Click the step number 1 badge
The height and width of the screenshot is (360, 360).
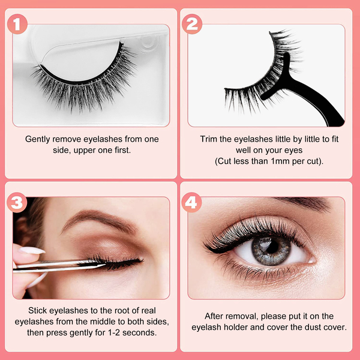point(17,24)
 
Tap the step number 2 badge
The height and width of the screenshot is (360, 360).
point(192,24)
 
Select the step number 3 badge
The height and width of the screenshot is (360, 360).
point(17,203)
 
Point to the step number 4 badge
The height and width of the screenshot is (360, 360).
point(191,203)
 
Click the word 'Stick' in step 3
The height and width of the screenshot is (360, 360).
point(38,310)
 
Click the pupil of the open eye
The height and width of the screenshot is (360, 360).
point(272,247)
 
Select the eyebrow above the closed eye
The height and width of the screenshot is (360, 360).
point(100,219)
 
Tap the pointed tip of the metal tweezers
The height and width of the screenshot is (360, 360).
point(105,265)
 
